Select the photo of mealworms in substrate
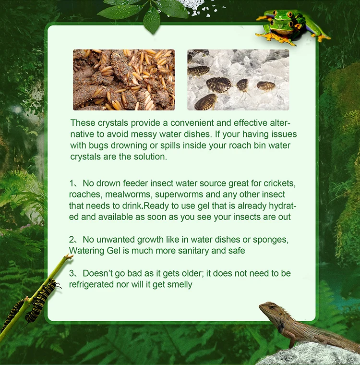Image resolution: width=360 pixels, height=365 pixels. (123, 80)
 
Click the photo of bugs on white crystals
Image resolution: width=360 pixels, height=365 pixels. (238, 80)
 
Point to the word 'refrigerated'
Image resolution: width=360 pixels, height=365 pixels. (93, 284)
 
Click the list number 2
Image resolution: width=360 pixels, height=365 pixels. (72, 239)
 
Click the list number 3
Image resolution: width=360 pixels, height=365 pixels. (72, 273)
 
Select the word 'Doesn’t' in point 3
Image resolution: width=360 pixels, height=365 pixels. (97, 273)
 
